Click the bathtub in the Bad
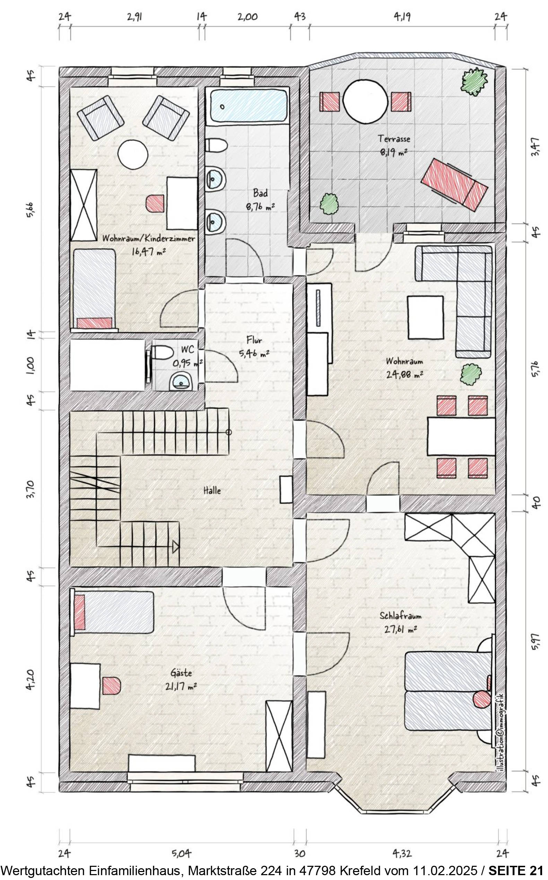click(x=249, y=106)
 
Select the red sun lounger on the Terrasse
click(x=454, y=184)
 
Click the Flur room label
click(x=254, y=340)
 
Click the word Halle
click(x=212, y=491)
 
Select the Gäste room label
click(x=181, y=673)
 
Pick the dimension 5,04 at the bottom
click(x=182, y=853)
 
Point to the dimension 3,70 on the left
click(x=31, y=490)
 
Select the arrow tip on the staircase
click(x=176, y=547)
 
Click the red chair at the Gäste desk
click(x=111, y=685)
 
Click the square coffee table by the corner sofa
click(x=426, y=317)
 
